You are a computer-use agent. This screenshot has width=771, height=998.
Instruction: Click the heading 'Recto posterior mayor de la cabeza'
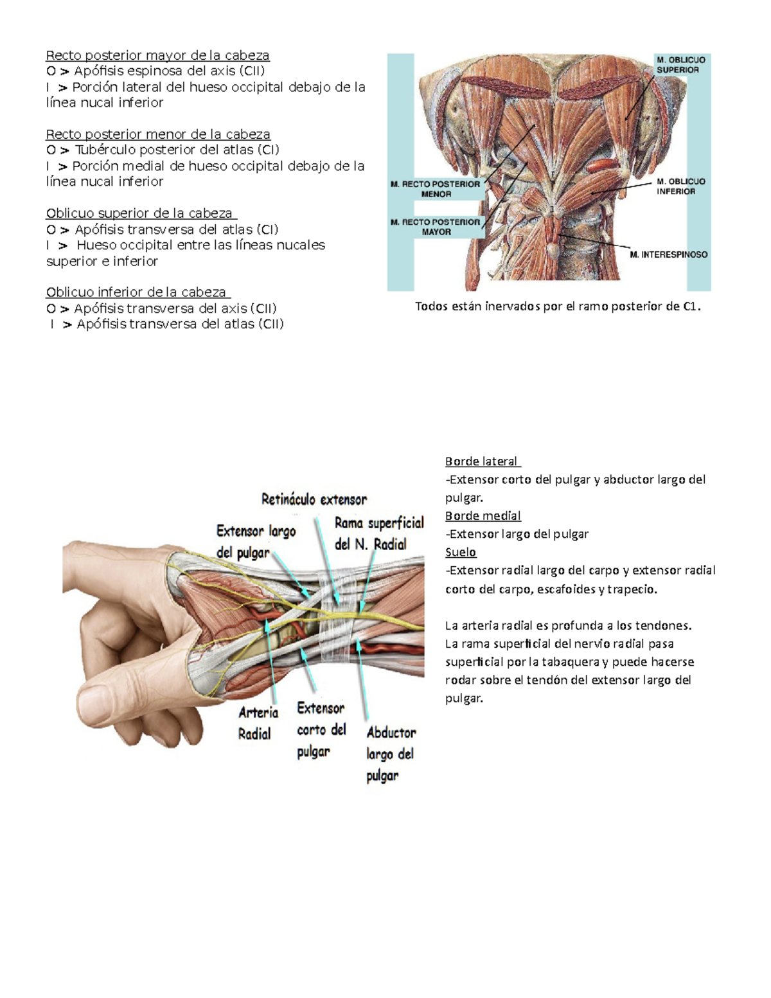[x=157, y=55]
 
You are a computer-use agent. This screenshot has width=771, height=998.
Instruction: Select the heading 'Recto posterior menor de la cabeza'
[x=158, y=134]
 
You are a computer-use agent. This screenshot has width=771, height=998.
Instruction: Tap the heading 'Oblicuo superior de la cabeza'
[x=141, y=213]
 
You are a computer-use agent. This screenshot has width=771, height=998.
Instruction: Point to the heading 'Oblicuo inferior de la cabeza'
[x=138, y=292]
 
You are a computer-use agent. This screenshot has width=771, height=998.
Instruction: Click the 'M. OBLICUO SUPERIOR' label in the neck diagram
[x=680, y=65]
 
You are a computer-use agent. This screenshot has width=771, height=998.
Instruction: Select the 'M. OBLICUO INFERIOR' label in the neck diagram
[x=680, y=186]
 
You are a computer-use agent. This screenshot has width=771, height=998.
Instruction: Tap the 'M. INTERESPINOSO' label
[x=668, y=254]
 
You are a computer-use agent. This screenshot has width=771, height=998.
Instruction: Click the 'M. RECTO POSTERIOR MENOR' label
[x=436, y=189]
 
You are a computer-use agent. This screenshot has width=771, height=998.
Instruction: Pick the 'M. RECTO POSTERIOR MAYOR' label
[x=436, y=227]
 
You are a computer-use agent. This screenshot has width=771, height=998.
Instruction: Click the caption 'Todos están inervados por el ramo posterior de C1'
[x=558, y=307]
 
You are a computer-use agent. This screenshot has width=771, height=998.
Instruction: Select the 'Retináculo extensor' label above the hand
[x=314, y=500]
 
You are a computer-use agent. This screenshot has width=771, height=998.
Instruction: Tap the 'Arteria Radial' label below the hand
[x=258, y=723]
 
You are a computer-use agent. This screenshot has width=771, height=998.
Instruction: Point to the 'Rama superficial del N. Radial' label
[x=379, y=533]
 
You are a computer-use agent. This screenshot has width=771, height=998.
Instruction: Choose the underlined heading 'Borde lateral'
[x=483, y=461]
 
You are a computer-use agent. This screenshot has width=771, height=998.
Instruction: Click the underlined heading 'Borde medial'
[x=483, y=516]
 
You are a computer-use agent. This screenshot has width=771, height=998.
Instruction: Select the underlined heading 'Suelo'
[x=461, y=552]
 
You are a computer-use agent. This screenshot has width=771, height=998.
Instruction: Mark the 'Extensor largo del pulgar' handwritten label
[x=256, y=543]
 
